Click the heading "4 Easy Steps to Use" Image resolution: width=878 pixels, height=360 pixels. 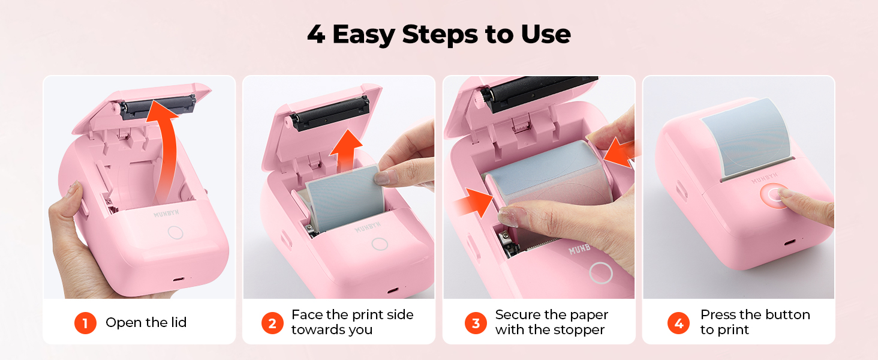point(438,35)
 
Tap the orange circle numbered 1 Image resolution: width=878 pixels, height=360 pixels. point(85,323)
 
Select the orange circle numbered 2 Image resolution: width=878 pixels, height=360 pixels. point(272,323)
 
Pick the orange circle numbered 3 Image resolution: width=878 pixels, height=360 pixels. point(476,323)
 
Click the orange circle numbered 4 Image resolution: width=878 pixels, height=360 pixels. point(678,323)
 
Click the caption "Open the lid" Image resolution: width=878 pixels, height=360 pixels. point(146,323)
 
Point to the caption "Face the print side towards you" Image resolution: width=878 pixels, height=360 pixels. point(352,322)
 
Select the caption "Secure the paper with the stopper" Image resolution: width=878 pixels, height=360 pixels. point(551,322)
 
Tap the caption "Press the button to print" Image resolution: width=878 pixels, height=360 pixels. point(754,322)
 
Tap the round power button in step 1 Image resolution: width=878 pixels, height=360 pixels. point(175,232)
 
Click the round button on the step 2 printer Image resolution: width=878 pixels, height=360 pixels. point(379,244)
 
